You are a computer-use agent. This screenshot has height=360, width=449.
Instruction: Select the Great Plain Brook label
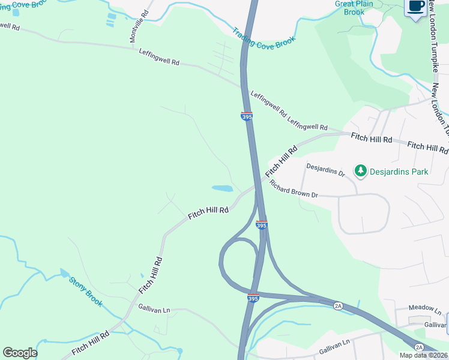point(354,8)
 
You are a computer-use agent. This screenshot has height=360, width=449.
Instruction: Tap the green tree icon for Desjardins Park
point(360,172)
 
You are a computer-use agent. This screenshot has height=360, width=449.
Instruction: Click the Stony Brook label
point(85,291)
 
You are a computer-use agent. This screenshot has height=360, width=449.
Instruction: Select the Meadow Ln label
point(424,308)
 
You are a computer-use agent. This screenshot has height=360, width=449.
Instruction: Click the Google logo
point(20,353)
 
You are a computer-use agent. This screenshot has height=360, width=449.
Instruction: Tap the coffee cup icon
point(416,7)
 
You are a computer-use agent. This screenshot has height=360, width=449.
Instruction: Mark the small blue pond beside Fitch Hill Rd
point(222,188)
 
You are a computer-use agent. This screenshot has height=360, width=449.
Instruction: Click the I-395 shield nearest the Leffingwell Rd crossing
point(247,116)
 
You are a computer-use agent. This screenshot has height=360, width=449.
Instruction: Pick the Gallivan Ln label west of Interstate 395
point(154,309)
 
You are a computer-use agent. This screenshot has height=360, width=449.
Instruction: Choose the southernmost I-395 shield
point(253,298)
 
